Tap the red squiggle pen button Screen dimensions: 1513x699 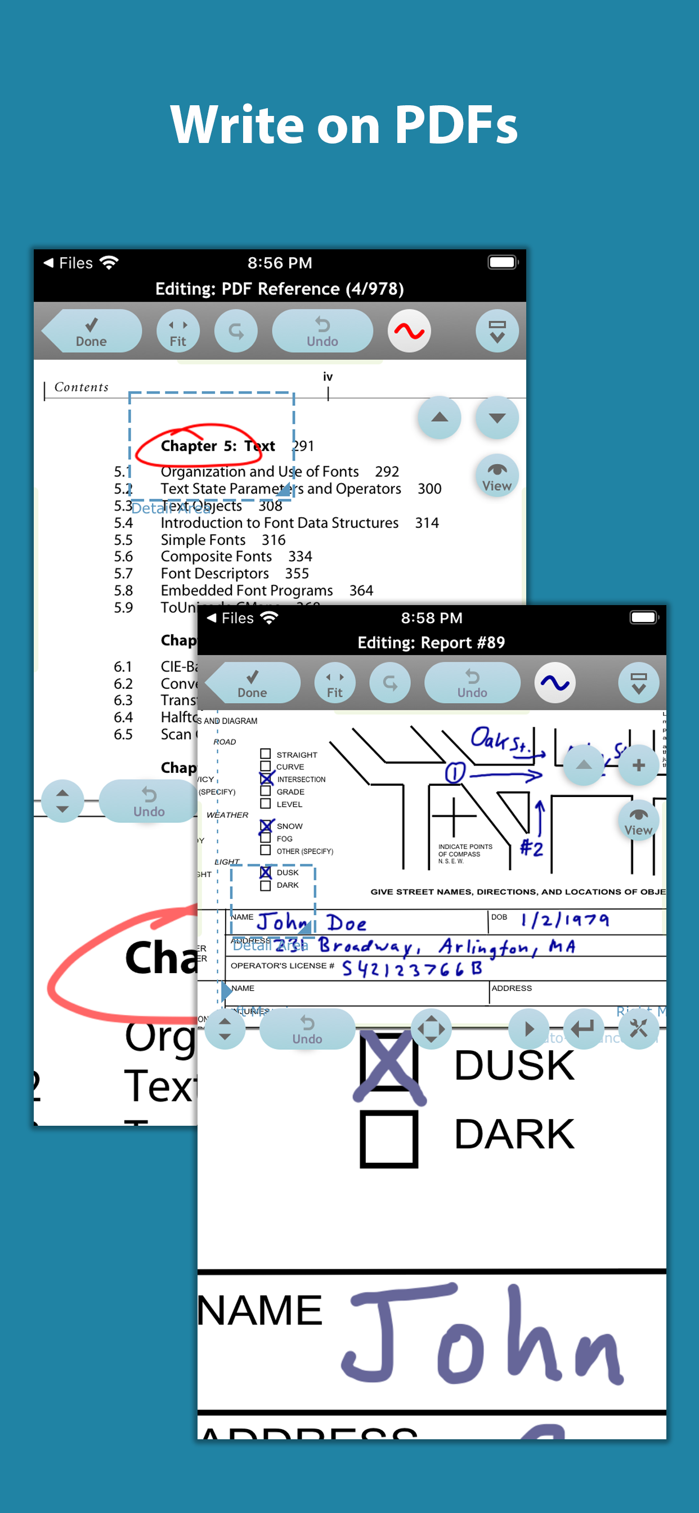[409, 332]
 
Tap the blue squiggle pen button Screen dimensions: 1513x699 [554, 683]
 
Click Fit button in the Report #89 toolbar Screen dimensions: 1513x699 [334, 683]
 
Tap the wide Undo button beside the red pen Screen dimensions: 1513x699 [322, 332]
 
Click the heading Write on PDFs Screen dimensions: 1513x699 [344, 124]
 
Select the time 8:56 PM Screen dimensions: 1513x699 [280, 263]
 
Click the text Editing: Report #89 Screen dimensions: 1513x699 [431, 643]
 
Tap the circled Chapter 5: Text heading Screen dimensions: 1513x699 [217, 446]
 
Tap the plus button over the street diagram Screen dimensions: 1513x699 [638, 766]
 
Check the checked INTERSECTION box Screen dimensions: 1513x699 [266, 779]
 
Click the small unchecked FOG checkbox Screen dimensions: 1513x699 [266, 838]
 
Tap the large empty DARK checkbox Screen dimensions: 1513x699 [389, 1139]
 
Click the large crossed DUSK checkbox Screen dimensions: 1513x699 [389, 1062]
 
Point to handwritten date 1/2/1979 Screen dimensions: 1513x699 [564, 920]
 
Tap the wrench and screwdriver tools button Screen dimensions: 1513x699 [638, 1028]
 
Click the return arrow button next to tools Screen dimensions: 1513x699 [582, 1028]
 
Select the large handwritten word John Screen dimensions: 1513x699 [482, 1336]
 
